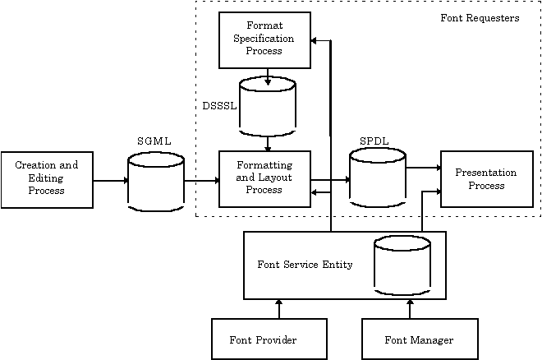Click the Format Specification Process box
point(264,39)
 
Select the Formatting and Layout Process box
point(264,178)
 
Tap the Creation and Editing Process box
point(47,178)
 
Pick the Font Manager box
point(419,339)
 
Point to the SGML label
point(154,141)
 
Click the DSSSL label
point(219,105)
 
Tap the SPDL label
point(374,141)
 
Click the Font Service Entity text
point(305,265)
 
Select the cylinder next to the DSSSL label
point(267,107)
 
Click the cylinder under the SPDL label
point(378,179)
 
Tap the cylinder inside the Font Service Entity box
point(402,265)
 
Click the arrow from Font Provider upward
point(279,309)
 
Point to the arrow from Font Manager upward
point(408,309)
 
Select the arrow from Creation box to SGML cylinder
point(110,179)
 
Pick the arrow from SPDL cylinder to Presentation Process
point(424,168)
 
